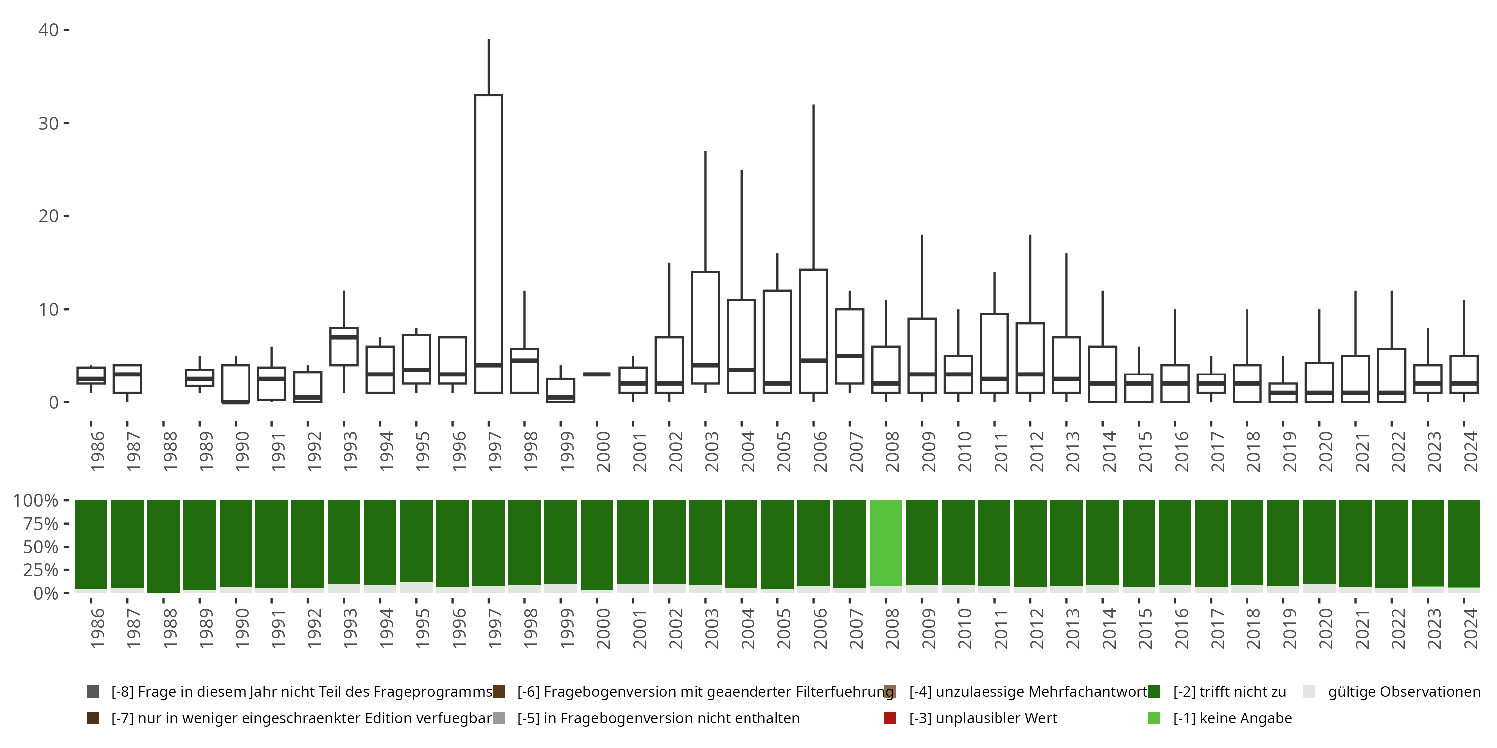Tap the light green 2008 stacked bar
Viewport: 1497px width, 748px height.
(886, 543)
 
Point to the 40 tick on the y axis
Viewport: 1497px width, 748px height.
(49, 30)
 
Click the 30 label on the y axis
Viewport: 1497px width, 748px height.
(49, 123)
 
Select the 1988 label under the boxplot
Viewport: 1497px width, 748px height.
(170, 451)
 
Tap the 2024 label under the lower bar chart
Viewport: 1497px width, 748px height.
(1470, 628)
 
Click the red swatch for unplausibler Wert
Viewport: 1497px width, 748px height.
(890, 718)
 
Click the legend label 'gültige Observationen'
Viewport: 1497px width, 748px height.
(1403, 692)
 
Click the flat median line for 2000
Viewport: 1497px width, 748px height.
(597, 374)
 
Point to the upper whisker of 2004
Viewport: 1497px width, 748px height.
(741, 232)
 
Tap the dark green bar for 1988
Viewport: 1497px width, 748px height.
(163, 546)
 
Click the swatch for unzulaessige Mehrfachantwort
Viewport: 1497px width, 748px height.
(890, 692)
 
